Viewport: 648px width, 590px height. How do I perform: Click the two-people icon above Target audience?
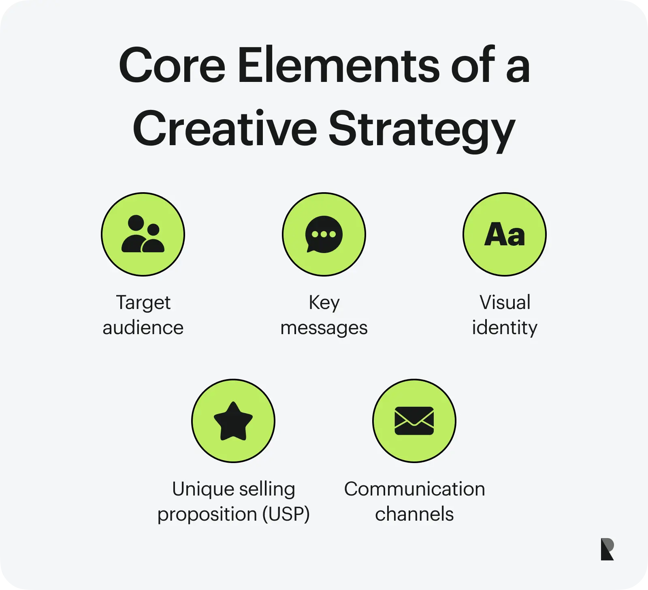click(x=143, y=234)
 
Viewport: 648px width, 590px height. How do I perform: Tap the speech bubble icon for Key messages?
click(x=324, y=234)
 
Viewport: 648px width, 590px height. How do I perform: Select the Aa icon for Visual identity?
click(x=505, y=234)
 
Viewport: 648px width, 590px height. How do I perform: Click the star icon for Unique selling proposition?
click(x=233, y=421)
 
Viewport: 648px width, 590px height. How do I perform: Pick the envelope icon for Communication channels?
click(x=414, y=421)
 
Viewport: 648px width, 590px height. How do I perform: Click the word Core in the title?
click(x=172, y=66)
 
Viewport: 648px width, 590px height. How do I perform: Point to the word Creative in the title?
click(x=225, y=129)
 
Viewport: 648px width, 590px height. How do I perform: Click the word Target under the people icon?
click(x=143, y=303)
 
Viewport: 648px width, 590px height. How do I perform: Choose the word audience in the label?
click(x=143, y=328)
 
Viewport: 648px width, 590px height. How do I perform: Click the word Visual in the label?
click(x=505, y=303)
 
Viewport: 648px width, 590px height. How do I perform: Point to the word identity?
click(x=505, y=328)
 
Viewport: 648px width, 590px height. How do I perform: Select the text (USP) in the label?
click(x=286, y=514)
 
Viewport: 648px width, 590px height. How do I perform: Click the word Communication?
click(x=414, y=489)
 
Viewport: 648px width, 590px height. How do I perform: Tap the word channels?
click(x=414, y=514)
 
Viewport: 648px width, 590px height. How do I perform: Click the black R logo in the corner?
click(x=607, y=549)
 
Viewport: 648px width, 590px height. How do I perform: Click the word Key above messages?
click(x=324, y=303)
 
